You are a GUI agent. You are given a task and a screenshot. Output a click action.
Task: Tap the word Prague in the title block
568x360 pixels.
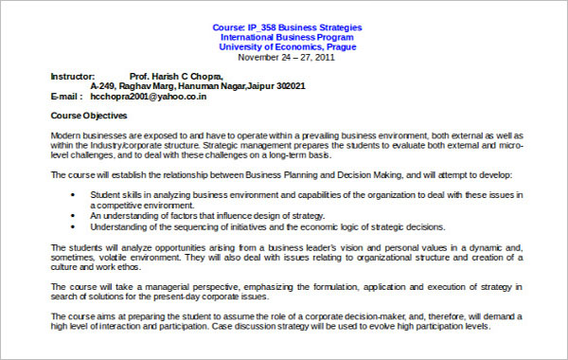tap(340, 46)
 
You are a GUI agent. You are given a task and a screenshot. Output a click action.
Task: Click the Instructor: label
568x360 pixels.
tap(72, 76)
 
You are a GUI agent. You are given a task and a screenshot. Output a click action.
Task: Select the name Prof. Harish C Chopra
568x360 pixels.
tap(176, 76)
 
